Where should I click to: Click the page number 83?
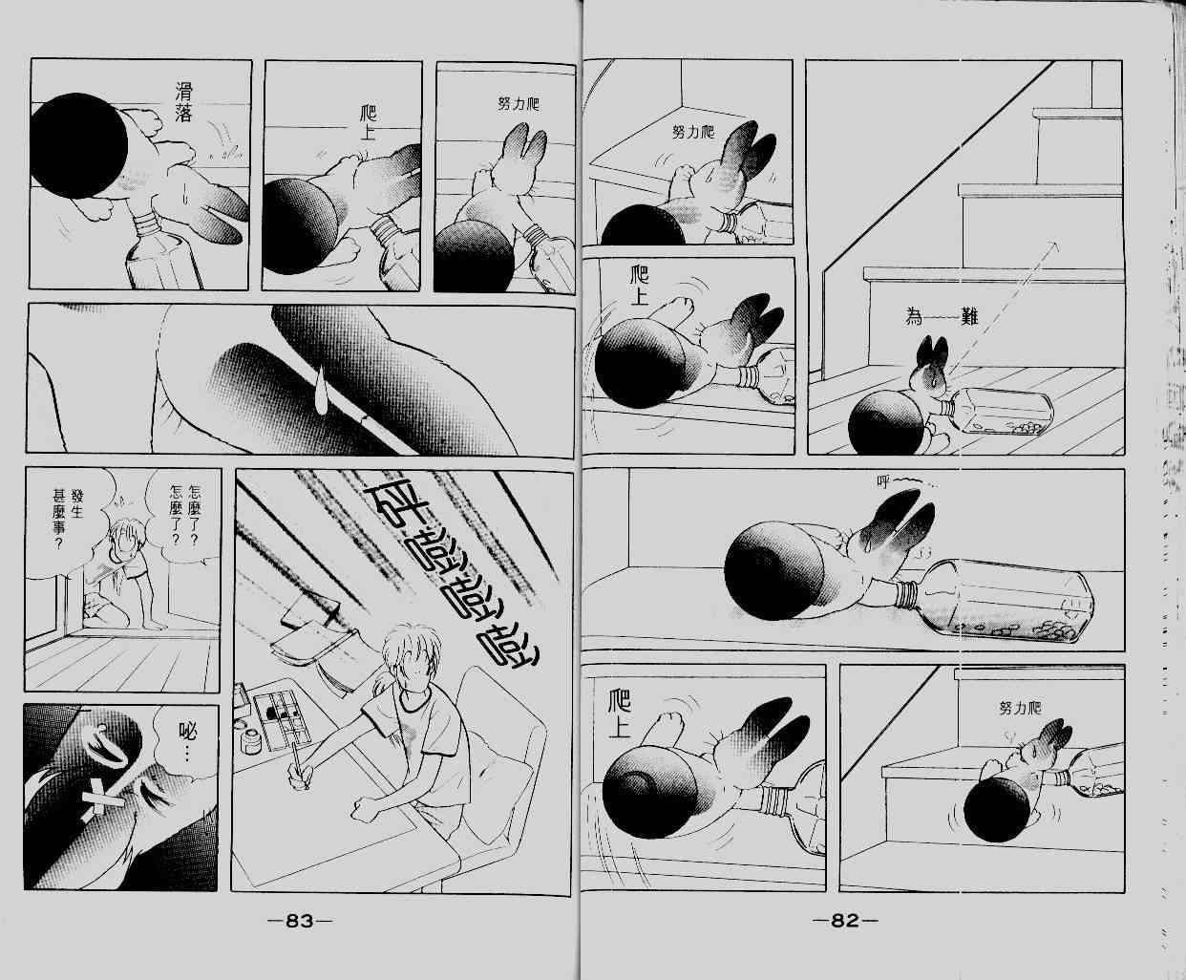pos(299,921)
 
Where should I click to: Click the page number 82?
pos(845,921)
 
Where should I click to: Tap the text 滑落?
pos(183,102)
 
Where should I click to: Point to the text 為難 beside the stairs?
pos(942,316)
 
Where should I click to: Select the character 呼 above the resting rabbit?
pos(883,482)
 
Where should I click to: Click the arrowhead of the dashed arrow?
pos(1053,245)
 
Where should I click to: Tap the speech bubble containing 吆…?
pos(183,741)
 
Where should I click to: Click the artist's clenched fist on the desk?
pos(366,808)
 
